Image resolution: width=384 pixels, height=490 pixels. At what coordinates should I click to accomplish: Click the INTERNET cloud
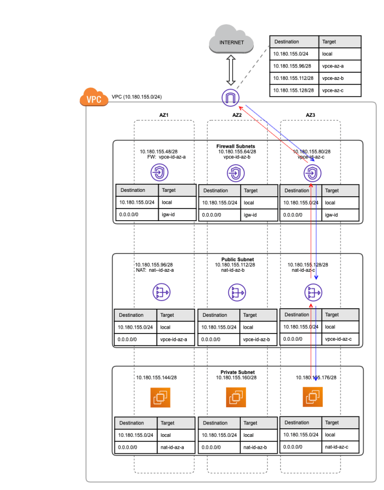click(232, 42)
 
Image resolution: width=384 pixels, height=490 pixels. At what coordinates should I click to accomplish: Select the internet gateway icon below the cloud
click(230, 98)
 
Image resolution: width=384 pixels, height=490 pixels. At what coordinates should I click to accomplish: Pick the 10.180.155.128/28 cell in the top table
click(293, 89)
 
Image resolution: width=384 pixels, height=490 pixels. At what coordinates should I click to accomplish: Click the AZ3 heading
click(311, 115)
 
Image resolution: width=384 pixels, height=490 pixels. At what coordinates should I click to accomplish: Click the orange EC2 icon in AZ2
click(236, 397)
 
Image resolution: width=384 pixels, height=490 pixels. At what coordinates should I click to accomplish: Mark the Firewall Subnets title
click(236, 146)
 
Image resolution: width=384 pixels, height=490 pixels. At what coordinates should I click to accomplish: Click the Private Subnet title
click(237, 372)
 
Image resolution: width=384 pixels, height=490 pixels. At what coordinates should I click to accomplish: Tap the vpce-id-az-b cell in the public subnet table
click(258, 339)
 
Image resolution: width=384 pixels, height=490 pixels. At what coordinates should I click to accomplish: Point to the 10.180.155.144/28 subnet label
click(156, 378)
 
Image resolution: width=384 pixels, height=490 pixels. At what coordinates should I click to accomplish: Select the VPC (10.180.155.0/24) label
click(136, 97)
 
